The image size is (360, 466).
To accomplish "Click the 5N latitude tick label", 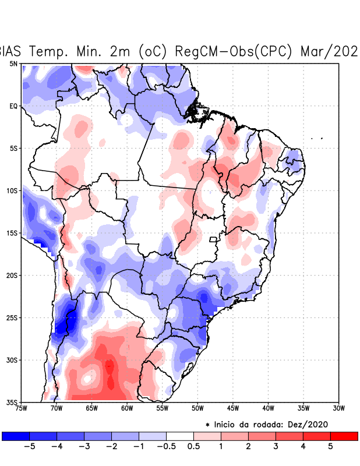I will tap(13, 63).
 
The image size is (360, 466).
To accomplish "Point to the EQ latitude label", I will tap(13, 106).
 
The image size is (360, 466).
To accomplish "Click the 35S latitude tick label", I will tap(12, 403).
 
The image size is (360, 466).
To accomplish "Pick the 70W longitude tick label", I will tap(56, 408).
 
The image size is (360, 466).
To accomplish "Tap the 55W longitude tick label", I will tap(162, 408).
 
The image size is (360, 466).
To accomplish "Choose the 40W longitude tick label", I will tap(268, 408).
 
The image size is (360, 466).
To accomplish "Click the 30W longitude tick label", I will tap(339, 408).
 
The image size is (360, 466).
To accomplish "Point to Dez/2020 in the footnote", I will tap(313, 424).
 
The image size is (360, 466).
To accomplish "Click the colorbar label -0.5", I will tap(166, 447).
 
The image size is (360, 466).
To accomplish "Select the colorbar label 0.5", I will tap(194, 447).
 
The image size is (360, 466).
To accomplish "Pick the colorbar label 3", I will tap(276, 447).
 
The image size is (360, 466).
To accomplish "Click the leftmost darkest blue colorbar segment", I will tap(16, 436).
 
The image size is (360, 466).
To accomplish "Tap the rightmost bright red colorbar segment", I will tap(344, 436).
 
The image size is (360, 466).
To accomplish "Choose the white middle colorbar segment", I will tap(180, 436).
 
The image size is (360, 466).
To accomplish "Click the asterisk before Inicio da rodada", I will tap(207, 425).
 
